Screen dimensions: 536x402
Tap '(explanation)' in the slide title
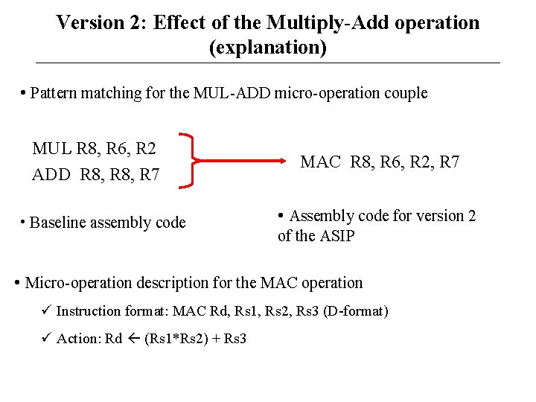267,48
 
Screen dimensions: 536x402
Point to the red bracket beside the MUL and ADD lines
191,160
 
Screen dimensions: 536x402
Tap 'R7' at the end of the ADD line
149,176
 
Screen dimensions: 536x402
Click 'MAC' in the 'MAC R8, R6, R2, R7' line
320,162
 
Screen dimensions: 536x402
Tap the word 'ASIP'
337,237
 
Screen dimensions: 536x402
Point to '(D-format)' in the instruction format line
356,311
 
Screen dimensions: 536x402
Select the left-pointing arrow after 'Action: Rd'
133,339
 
